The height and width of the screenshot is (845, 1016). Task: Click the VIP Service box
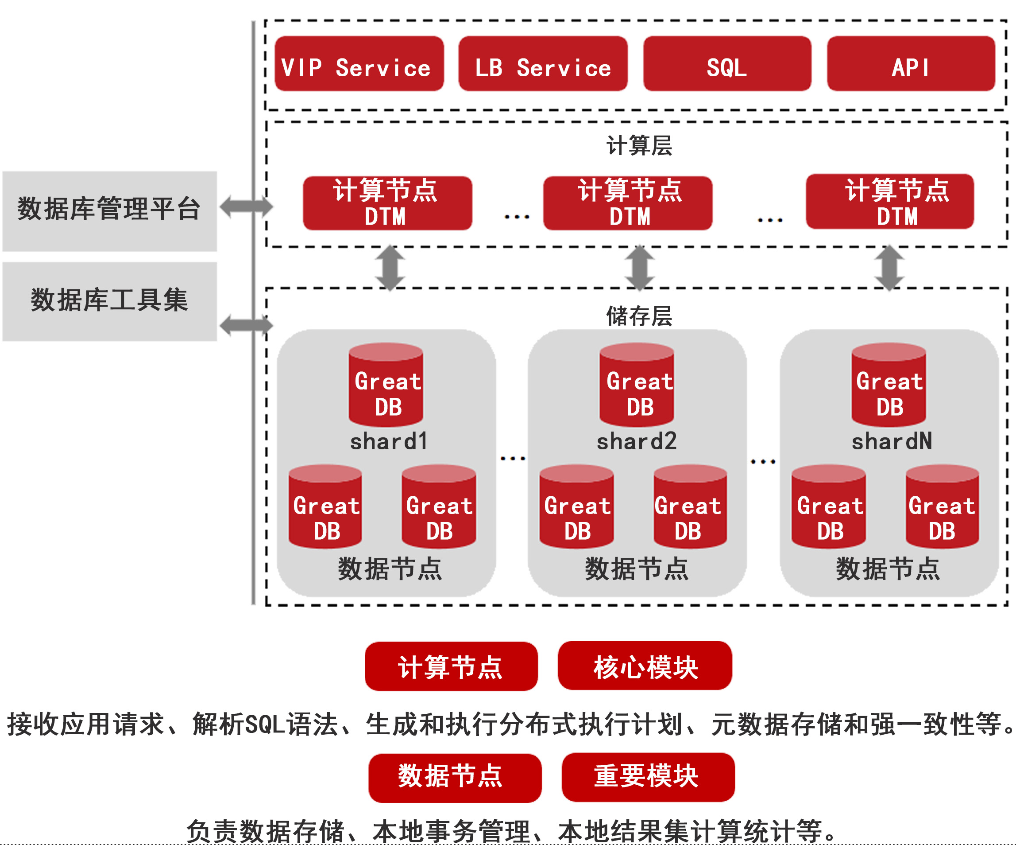pos(359,64)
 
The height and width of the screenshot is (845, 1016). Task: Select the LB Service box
pos(543,64)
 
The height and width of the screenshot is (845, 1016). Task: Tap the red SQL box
pos(726,64)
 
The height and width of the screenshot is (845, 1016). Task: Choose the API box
pos(911,64)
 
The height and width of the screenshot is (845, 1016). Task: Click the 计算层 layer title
pos(639,146)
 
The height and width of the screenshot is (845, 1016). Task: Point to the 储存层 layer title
pos(639,316)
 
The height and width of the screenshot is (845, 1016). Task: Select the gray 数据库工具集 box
pos(109,301)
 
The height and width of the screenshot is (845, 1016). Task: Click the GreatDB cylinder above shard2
pos(637,386)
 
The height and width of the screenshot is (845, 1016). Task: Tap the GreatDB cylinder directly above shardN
pos(889,386)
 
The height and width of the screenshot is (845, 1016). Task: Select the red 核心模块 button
pos(645,666)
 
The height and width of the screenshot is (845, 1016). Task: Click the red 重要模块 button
pos(648,778)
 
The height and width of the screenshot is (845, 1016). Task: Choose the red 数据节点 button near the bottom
pos(454,778)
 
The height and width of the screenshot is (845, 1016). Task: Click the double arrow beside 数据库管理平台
pos(246,207)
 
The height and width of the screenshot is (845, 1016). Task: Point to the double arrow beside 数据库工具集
pos(246,325)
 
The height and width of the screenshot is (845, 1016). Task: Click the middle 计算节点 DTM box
pos(627,203)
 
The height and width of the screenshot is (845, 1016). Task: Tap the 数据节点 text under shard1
pos(390,569)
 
